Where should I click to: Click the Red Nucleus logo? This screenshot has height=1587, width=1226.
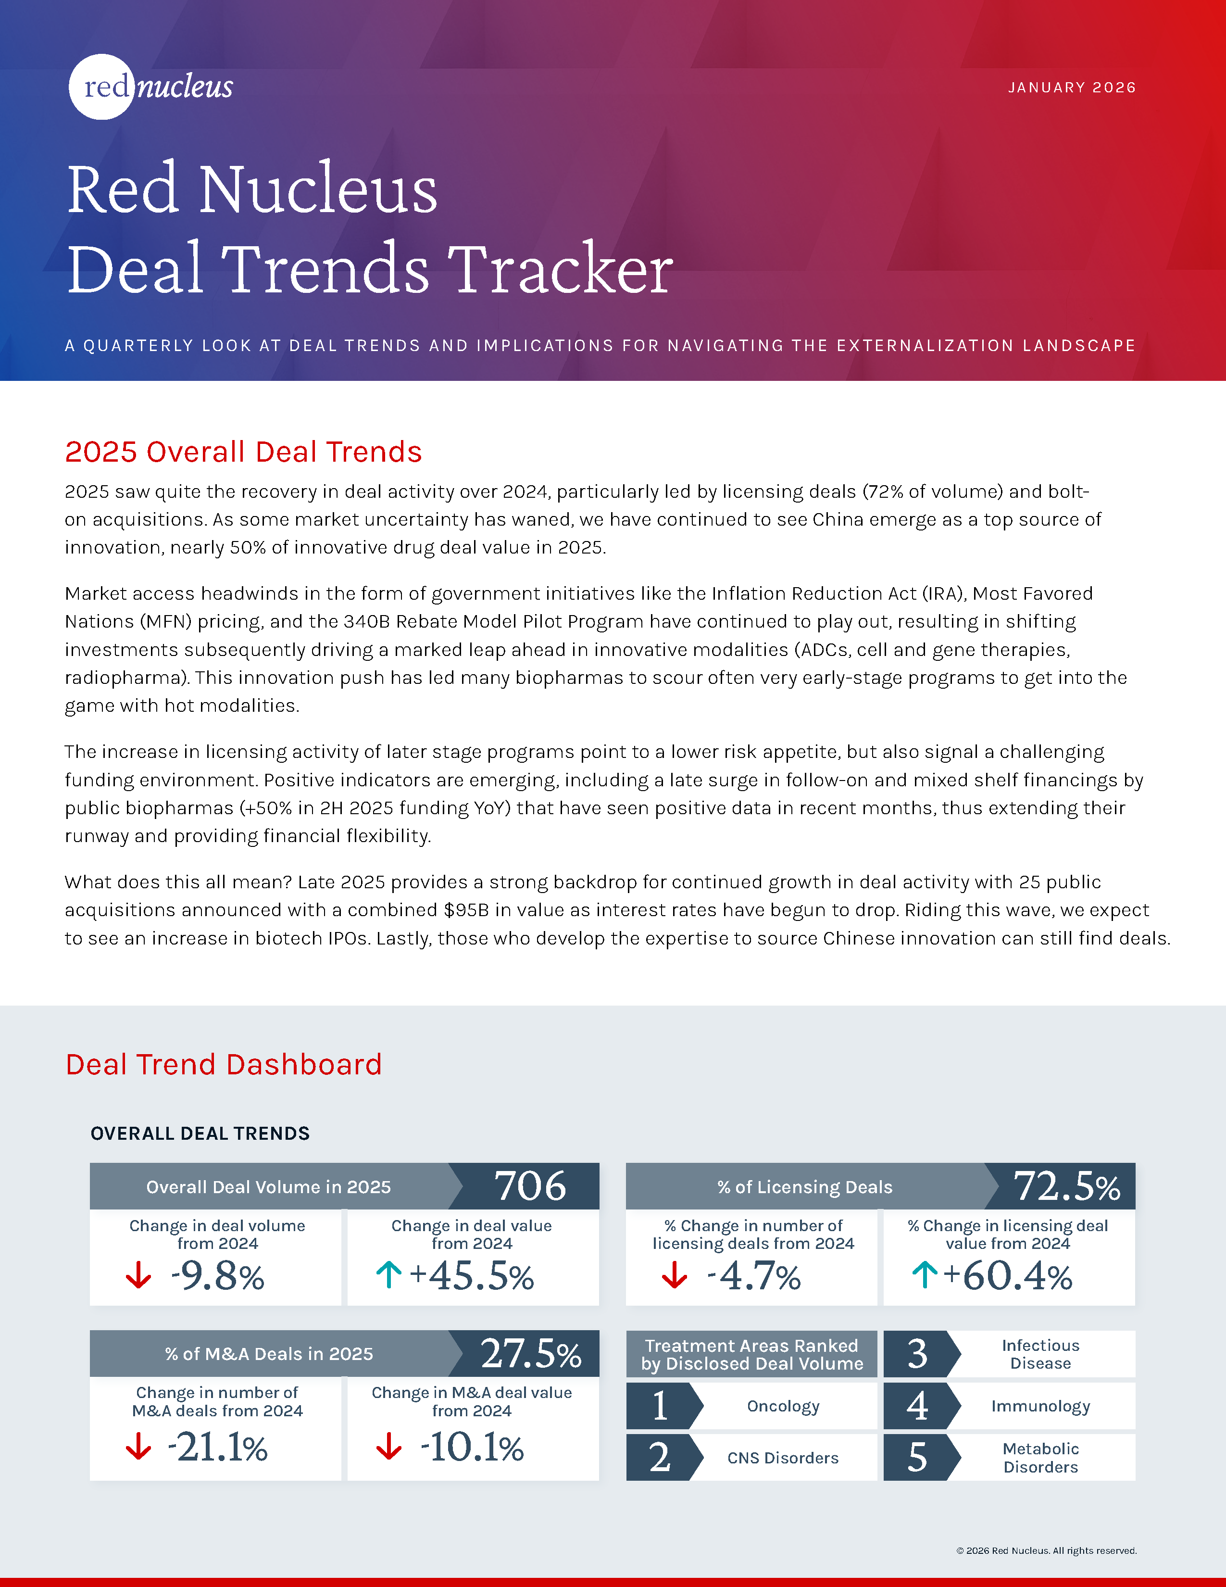click(x=151, y=87)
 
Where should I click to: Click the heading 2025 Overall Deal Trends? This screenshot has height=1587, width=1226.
click(x=243, y=452)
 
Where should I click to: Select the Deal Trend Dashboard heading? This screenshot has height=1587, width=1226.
click(x=224, y=1065)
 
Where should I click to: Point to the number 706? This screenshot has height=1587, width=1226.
click(x=530, y=1186)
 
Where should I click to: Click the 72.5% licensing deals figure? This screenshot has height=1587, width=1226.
click(x=1067, y=1186)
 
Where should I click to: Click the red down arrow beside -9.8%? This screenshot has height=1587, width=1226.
click(x=138, y=1275)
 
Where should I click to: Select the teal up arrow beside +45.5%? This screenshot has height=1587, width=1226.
click(x=388, y=1275)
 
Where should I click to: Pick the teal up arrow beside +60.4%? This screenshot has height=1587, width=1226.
click(x=925, y=1275)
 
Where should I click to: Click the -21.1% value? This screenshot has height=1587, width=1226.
click(x=217, y=1447)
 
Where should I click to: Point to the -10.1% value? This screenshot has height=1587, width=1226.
click(x=472, y=1447)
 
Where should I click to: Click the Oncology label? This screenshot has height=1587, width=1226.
click(x=783, y=1406)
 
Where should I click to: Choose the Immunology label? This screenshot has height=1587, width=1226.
click(x=1041, y=1406)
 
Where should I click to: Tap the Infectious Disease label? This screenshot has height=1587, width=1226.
click(x=1041, y=1354)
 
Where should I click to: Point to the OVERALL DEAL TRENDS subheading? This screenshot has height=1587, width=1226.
click(x=200, y=1134)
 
